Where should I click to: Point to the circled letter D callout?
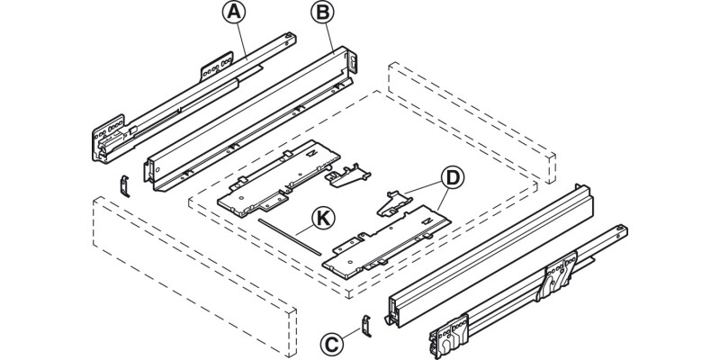pyautogui.click(x=454, y=177)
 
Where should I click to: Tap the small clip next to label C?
pyautogui.click(x=364, y=325)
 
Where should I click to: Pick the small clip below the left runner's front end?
pyautogui.click(x=126, y=183)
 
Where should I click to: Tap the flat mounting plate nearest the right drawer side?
pyautogui.click(x=387, y=238)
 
